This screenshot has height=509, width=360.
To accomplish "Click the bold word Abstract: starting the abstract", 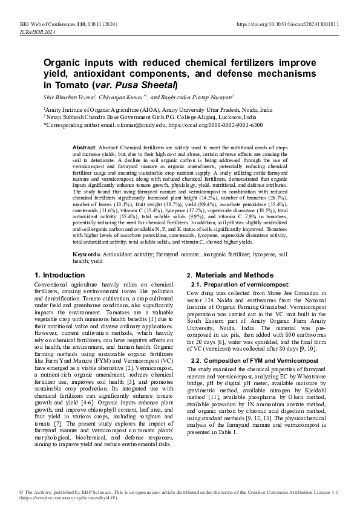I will click(x=84, y=148).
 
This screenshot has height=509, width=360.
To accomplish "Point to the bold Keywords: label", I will click(x=87, y=256).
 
